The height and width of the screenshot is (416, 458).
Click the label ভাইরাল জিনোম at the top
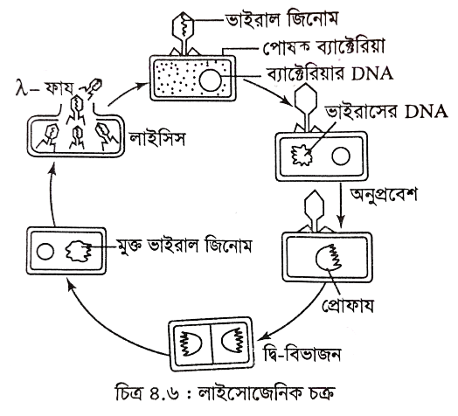[x=281, y=20]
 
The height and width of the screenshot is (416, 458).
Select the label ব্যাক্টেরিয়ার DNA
[x=330, y=74]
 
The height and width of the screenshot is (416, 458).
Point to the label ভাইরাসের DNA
[x=386, y=112]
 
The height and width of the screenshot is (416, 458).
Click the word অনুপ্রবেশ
[x=383, y=194]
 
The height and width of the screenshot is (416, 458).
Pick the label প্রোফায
[x=348, y=306]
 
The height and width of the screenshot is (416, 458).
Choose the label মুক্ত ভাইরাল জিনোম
[x=184, y=246]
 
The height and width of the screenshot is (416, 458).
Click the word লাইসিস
[x=157, y=139]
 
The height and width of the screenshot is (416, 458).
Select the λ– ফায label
[x=44, y=88]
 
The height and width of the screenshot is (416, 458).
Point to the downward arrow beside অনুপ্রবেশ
[x=341, y=205]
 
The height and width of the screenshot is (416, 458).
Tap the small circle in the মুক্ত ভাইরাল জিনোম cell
[x=45, y=252]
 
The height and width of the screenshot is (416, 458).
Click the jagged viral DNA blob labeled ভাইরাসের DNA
[x=302, y=155]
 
